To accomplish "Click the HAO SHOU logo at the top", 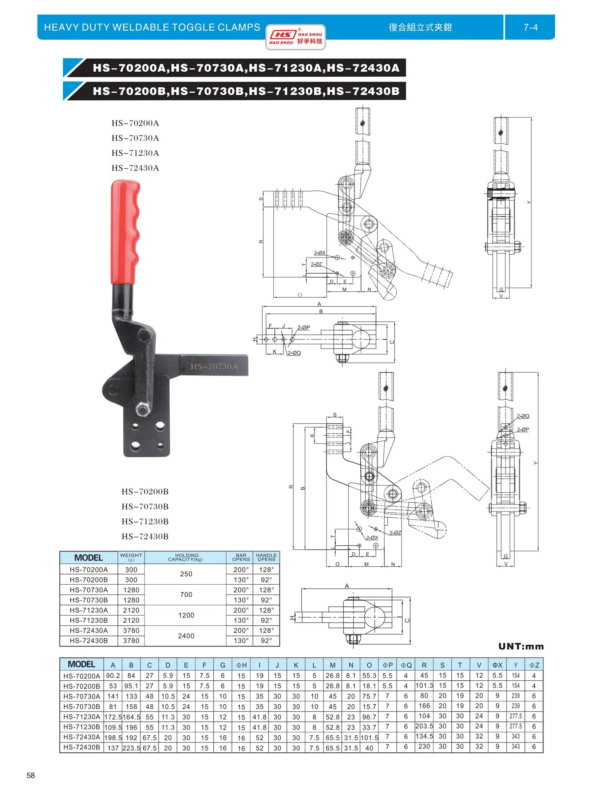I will [296, 37].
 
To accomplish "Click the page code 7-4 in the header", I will [530, 27].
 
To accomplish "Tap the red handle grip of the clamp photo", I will [125, 233].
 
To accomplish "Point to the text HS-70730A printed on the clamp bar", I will [214, 366].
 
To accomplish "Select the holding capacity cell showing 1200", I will [186, 615].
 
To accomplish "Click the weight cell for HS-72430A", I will [131, 630].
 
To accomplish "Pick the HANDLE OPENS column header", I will [266, 557].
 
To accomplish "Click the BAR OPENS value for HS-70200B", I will [241, 580].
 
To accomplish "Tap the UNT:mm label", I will [521, 646].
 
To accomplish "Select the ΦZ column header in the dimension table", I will [534, 665].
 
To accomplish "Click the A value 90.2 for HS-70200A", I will [113, 676].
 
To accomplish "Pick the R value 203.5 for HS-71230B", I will [424, 726].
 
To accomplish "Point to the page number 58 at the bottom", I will [31, 775].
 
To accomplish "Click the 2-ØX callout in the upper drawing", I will [320, 253].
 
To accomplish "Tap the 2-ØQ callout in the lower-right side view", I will [523, 416].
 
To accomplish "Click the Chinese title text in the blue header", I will [420, 27].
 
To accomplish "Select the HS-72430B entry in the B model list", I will [145, 536].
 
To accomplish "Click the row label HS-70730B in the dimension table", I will [82, 707].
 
